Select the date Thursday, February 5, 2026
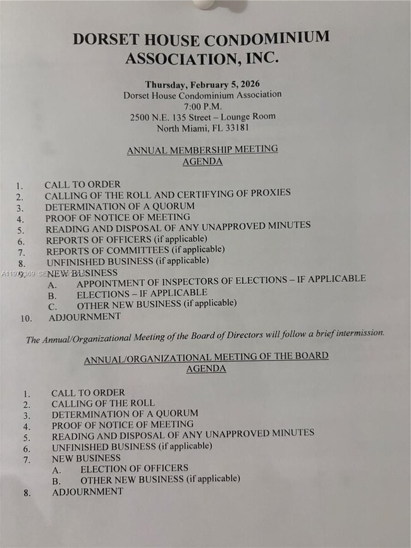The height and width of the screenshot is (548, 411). pyautogui.click(x=202, y=84)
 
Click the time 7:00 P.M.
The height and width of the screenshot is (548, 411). pyautogui.click(x=202, y=106)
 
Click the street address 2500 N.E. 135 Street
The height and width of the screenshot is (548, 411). pyautogui.click(x=172, y=117)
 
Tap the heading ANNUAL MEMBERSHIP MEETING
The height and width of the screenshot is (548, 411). pyautogui.click(x=202, y=150)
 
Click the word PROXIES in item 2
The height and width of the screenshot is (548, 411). pyautogui.click(x=268, y=193)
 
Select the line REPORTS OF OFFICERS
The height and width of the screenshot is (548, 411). pyautogui.click(x=126, y=240)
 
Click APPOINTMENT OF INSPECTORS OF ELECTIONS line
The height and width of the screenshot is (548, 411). pyautogui.click(x=221, y=279)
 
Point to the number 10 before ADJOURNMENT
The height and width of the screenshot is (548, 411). pyautogui.click(x=25, y=318)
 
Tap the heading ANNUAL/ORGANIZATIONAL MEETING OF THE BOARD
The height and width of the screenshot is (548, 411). pyautogui.click(x=206, y=356)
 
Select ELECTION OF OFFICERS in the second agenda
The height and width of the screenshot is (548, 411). pyautogui.click(x=134, y=468)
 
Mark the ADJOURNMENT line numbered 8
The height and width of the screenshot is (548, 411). pyautogui.click(x=87, y=492)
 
